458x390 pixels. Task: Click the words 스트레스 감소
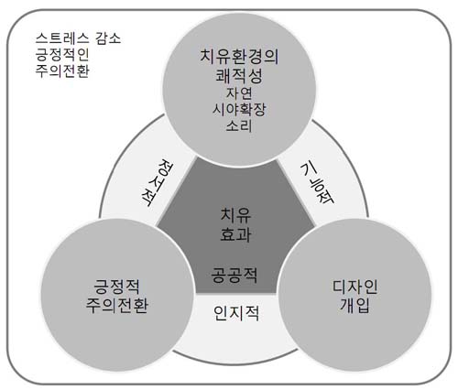pyautogui.click(x=78, y=38)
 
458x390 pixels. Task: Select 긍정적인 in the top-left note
pyautogui.click(x=62, y=55)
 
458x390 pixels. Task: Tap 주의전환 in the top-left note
pyautogui.click(x=62, y=71)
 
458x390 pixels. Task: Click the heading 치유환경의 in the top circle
pyautogui.click(x=239, y=57)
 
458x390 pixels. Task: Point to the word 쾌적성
pyautogui.click(x=239, y=76)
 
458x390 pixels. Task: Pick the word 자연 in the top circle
pyautogui.click(x=239, y=93)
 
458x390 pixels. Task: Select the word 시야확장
pyautogui.click(x=239, y=109)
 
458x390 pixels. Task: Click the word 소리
pyautogui.click(x=239, y=125)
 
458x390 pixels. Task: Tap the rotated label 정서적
pyautogui.click(x=158, y=182)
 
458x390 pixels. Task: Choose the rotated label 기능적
pyautogui.click(x=318, y=182)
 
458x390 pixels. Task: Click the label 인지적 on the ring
pyautogui.click(x=236, y=313)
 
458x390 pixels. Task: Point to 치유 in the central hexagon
pyautogui.click(x=235, y=215)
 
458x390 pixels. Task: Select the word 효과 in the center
pyautogui.click(x=235, y=234)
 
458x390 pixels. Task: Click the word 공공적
pyautogui.click(x=234, y=275)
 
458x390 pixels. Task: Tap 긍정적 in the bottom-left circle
pyautogui.click(x=116, y=286)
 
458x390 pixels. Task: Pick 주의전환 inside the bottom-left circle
pyautogui.click(x=117, y=305)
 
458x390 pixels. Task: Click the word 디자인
pyautogui.click(x=355, y=287)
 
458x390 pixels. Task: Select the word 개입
pyautogui.click(x=355, y=305)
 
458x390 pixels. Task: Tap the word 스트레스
pyautogui.click(x=62, y=38)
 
